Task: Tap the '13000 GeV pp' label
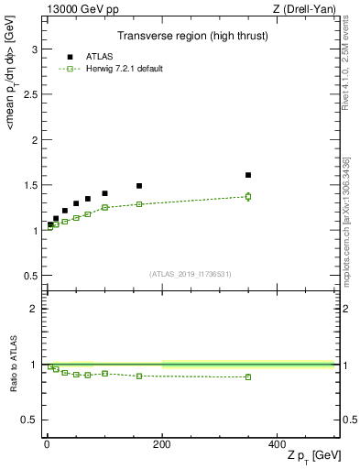click(80, 8)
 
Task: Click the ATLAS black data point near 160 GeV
click(139, 186)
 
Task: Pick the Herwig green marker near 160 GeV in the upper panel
click(139, 204)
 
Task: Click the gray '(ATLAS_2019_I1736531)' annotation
click(190, 274)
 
